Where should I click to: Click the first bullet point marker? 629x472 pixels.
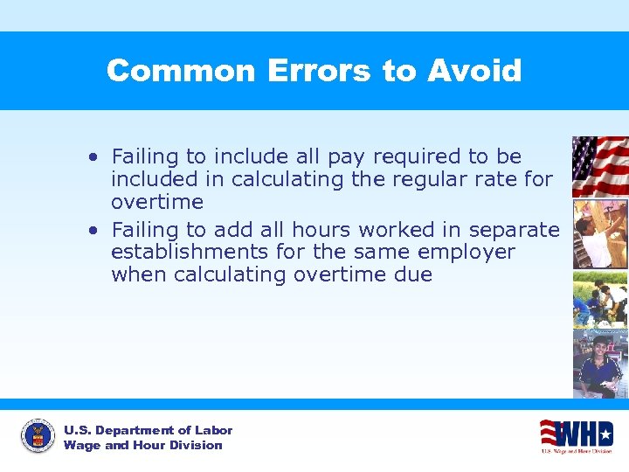click(93, 157)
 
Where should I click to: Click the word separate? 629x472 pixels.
click(514, 231)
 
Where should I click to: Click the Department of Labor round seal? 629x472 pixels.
click(38, 436)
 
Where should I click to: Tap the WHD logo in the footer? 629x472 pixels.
click(576, 434)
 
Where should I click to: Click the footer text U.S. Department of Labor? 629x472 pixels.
click(148, 430)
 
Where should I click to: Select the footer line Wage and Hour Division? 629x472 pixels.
click(142, 446)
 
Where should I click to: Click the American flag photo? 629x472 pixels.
click(599, 166)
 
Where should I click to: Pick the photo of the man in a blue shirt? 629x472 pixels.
click(599, 364)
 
